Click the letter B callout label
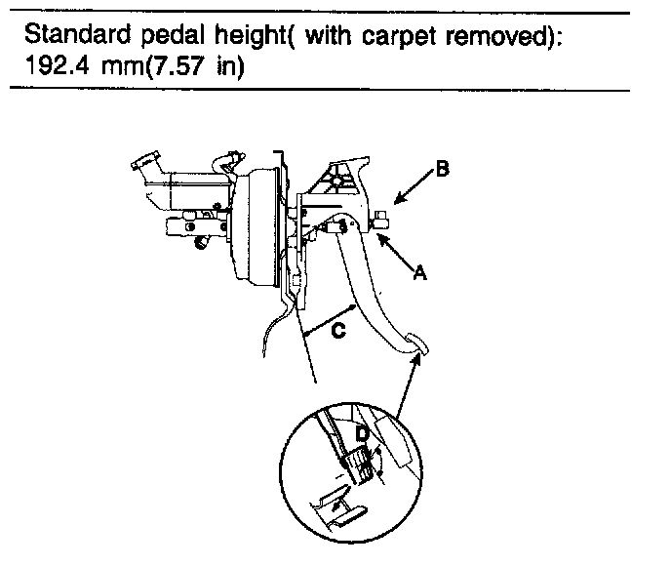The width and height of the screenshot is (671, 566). [x=442, y=170]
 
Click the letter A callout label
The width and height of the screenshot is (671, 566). [x=421, y=274]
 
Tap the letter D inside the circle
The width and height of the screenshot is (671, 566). [x=361, y=430]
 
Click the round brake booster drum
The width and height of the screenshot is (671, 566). [x=257, y=224]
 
